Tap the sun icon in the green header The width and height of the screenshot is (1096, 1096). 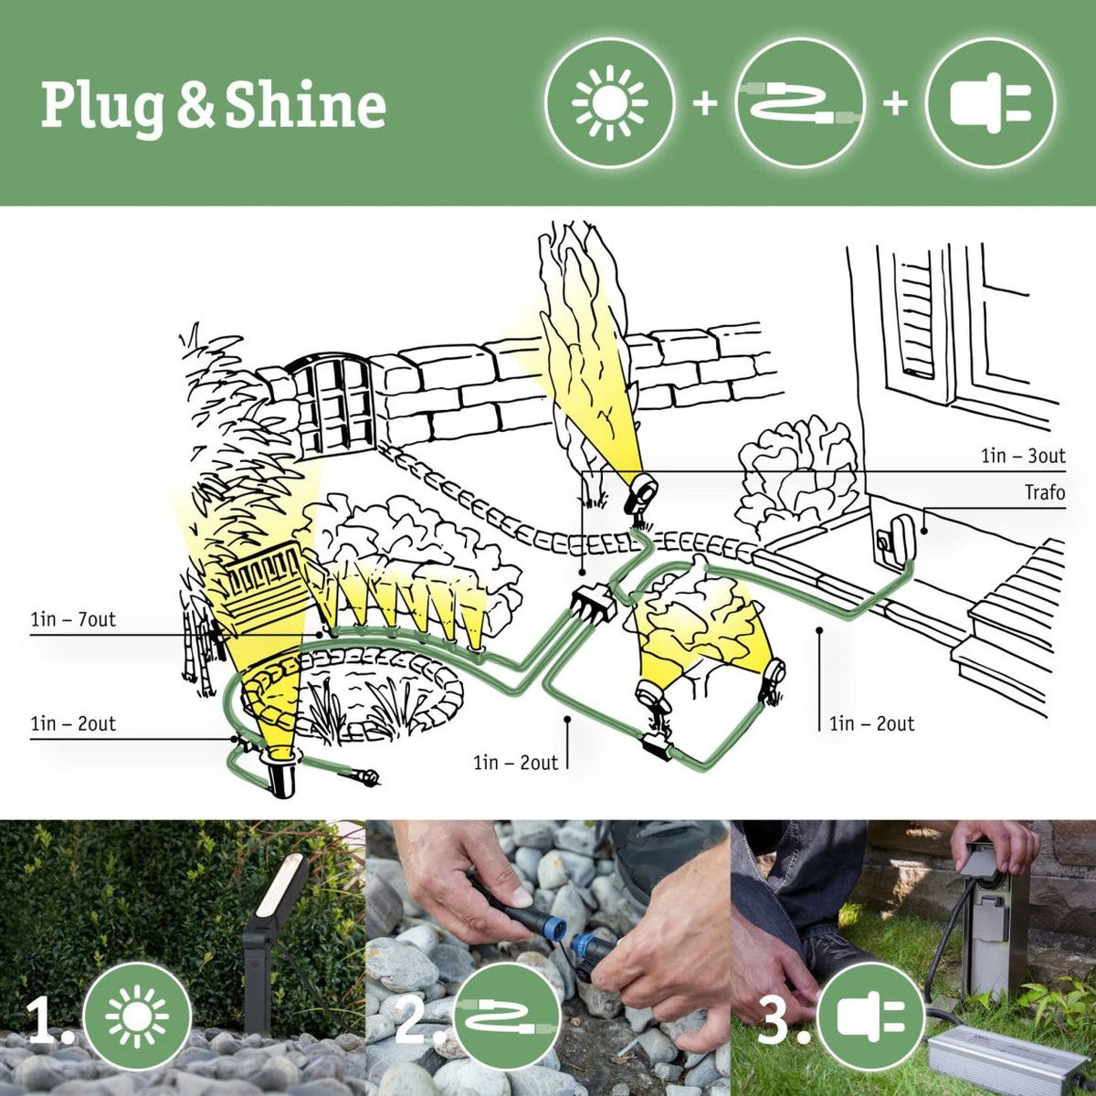pos(609,102)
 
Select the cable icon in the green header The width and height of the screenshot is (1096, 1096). pos(799,102)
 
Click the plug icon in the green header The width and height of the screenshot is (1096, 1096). pos(990,102)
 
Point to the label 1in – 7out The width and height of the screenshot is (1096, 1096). pos(73,620)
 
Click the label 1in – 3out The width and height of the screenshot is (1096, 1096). pos(1023,456)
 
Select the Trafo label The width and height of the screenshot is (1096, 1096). pos(1044,493)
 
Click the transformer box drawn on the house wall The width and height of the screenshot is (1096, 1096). pos(893,539)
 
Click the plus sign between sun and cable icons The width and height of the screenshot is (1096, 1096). pos(704,103)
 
